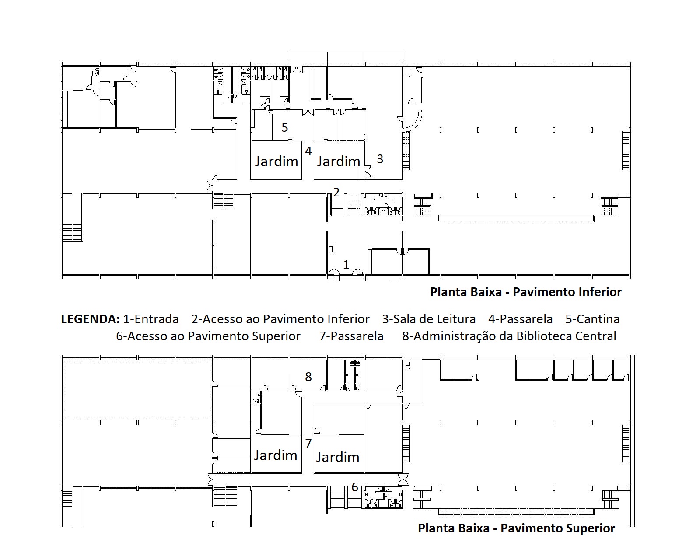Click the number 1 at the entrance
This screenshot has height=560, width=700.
pos(346,265)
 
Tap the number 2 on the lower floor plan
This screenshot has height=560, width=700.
pos(336,192)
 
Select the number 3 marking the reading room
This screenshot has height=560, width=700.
pos(380,159)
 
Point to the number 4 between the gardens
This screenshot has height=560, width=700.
pos(308,150)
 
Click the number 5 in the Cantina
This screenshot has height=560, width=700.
pos(285,127)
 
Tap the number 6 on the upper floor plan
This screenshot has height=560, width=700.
pos(355,487)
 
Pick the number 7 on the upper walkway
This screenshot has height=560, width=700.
pos(308,443)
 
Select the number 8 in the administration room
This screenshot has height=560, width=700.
pos(308,377)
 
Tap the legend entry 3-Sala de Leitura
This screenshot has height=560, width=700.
pos(429,319)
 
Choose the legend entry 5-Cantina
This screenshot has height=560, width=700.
pos(592,319)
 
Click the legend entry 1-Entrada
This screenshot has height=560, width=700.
pos(151,319)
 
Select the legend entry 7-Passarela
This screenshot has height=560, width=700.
pos(351,336)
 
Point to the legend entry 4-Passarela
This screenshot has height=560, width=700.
pos(521,319)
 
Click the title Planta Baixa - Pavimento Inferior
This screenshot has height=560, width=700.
pos(525,292)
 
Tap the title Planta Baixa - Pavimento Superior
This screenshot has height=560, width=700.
pos(516,528)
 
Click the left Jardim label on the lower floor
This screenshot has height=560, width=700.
pos(276,161)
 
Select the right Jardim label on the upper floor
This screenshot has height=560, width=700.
pos(338,457)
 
